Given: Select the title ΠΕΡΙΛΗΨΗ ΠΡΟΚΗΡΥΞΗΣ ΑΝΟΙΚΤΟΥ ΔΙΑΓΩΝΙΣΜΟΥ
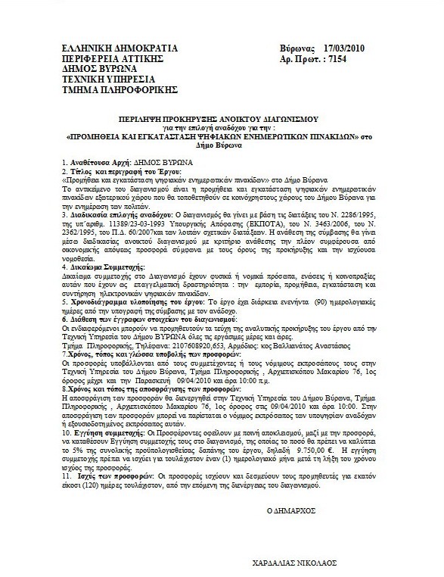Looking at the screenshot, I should [218, 120].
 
